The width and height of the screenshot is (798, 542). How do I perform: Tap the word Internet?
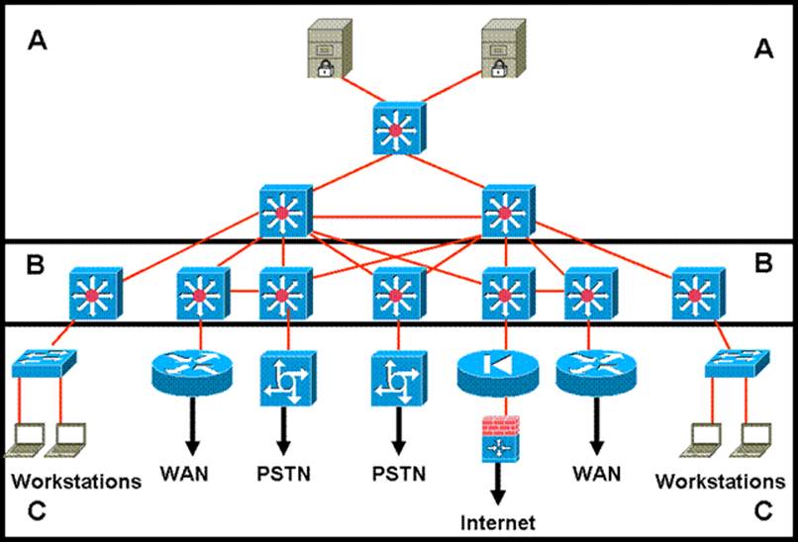pos(497,521)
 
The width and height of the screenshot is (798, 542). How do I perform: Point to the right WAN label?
pos(596,474)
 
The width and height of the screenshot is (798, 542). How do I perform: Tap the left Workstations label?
pos(75,483)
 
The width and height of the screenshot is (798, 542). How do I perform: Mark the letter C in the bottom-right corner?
pos(763,511)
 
